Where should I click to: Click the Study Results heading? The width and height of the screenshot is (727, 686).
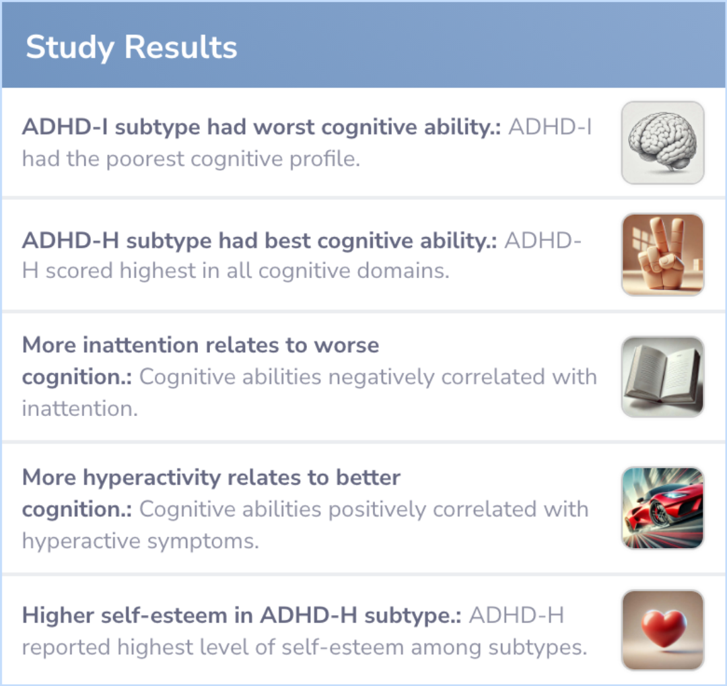(131, 47)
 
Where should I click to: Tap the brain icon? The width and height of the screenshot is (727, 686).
(662, 143)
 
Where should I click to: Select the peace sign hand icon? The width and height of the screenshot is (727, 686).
(662, 254)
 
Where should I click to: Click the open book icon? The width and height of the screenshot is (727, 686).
(662, 376)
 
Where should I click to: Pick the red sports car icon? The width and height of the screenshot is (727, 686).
(662, 508)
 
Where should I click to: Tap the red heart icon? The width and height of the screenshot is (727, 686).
(662, 630)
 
